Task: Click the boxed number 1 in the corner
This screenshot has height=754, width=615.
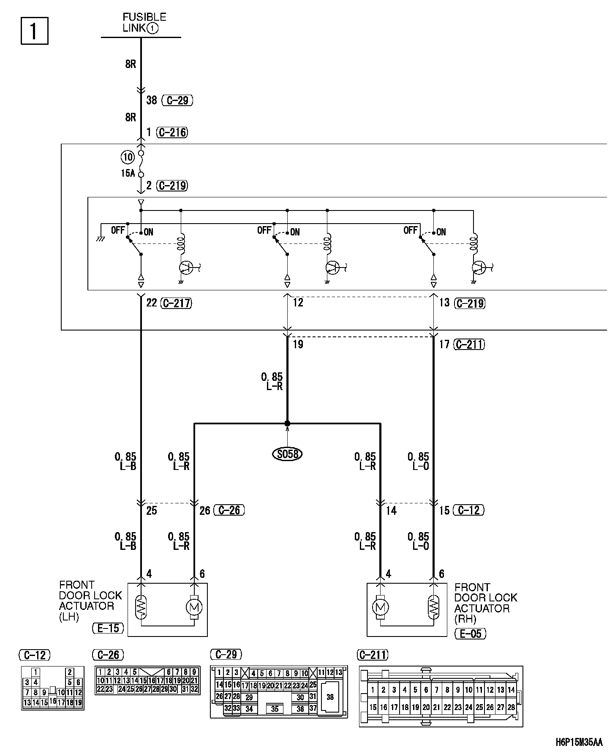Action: coord(34,30)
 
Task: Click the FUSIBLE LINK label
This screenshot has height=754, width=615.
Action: coord(144,23)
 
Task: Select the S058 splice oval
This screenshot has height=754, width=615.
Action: coord(288,454)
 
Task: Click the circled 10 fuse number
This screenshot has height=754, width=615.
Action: coord(127,157)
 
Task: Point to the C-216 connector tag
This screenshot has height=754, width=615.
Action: coord(172,132)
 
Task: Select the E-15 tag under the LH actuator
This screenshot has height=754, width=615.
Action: coord(108,628)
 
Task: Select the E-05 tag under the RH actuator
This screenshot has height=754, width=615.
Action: coord(471,634)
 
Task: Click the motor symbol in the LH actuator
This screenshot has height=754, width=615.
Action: coord(194,607)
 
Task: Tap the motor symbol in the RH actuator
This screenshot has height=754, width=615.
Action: coord(381,607)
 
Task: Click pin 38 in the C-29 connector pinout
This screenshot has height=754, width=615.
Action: coord(330,697)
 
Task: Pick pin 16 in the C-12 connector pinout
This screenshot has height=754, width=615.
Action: coord(52,700)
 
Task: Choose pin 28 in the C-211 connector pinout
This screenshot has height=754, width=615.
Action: coord(511,707)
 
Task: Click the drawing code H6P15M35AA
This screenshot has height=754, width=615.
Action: coord(579,742)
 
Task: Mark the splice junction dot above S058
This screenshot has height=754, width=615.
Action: coord(287,423)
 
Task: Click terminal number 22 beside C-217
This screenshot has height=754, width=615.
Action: coord(152,303)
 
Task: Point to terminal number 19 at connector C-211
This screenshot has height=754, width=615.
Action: coord(298,344)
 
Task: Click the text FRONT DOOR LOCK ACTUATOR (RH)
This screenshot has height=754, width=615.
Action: coord(485,603)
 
